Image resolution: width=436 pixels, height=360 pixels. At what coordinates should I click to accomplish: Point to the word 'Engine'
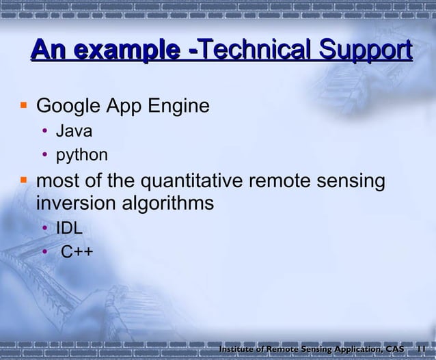coord(176,108)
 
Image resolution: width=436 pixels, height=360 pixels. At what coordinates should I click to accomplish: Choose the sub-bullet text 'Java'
coord(74,132)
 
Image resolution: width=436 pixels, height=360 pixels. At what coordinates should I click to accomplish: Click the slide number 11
coord(422,350)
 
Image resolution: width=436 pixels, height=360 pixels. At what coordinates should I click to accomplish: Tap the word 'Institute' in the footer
coord(237,350)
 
